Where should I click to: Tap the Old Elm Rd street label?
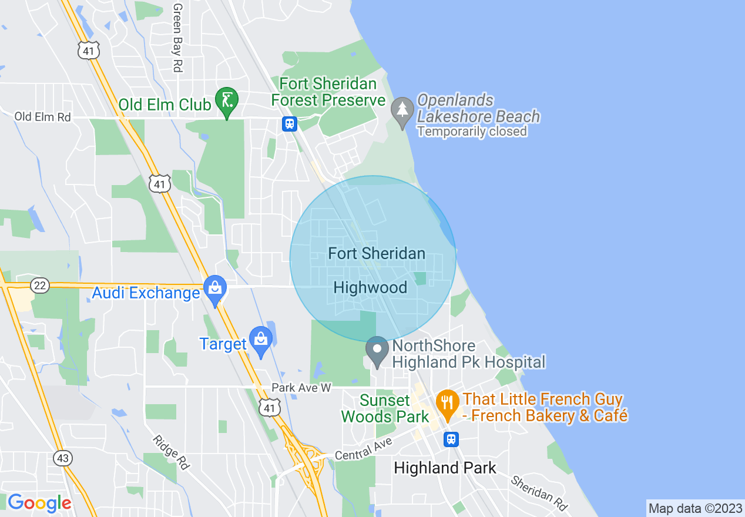(42, 117)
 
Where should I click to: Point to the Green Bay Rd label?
(177, 38)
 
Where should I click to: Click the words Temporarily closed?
(472, 132)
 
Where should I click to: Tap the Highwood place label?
(370, 287)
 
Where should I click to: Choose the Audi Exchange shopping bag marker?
(215, 289)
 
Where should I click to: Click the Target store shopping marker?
(260, 340)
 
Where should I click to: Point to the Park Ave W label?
(301, 388)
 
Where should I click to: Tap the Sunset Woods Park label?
(385, 409)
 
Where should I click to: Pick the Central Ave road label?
(363, 451)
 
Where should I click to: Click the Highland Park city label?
(445, 468)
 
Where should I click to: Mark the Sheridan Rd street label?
(539, 492)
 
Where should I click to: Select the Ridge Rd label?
(172, 452)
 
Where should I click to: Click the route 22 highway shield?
(40, 286)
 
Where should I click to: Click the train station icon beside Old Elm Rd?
(290, 123)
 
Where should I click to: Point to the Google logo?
(39, 503)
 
